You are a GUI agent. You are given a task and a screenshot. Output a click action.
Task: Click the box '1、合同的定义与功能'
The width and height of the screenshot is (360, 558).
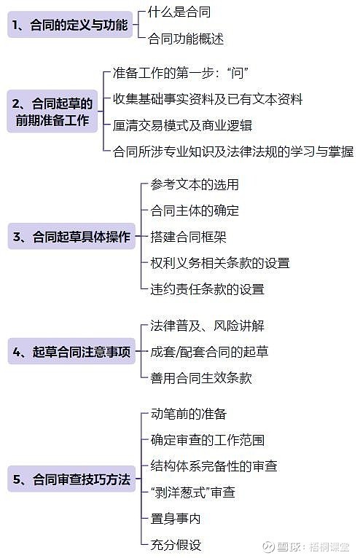[x=70, y=25]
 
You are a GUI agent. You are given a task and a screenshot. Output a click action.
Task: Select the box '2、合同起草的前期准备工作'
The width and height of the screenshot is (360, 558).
[x=52, y=111]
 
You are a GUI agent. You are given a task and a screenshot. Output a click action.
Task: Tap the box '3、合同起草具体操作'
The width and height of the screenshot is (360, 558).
[x=71, y=236]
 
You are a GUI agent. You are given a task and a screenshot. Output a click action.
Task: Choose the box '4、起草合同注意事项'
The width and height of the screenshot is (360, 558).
[x=71, y=351]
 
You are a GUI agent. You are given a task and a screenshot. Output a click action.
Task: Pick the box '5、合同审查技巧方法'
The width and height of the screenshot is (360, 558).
[x=71, y=479]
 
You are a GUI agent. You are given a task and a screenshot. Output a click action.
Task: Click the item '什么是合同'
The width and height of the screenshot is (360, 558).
[x=179, y=12]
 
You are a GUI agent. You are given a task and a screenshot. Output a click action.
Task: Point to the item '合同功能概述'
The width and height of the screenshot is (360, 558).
[x=186, y=39]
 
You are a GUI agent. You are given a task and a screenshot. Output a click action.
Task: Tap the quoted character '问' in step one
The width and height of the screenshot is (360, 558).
[x=237, y=73]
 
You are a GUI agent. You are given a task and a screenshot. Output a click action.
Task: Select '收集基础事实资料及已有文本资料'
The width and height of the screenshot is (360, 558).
[x=208, y=99]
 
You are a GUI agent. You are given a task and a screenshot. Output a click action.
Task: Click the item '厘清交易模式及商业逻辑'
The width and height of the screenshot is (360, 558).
[x=182, y=125]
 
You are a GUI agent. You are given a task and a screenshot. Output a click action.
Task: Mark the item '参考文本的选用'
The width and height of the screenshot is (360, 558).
[x=195, y=184]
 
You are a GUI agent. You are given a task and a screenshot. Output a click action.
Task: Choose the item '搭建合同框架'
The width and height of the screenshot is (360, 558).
[x=188, y=237]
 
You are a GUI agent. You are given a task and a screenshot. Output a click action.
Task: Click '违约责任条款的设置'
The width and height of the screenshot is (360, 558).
[x=207, y=289]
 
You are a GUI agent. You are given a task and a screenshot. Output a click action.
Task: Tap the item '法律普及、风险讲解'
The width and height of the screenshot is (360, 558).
[x=207, y=326]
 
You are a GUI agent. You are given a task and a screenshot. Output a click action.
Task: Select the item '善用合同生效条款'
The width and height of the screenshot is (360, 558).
[x=201, y=377]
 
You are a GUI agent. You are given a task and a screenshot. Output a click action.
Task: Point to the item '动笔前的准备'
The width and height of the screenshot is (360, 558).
[x=188, y=414]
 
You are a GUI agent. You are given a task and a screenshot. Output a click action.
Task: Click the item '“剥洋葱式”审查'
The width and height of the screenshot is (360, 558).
[x=193, y=492]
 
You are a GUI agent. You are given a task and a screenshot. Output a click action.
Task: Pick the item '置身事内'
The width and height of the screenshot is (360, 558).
[x=176, y=518]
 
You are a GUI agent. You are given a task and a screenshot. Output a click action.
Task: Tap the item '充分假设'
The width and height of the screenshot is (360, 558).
[x=176, y=544]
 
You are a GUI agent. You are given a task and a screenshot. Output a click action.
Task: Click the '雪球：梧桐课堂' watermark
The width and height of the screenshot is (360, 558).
[x=306, y=546]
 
